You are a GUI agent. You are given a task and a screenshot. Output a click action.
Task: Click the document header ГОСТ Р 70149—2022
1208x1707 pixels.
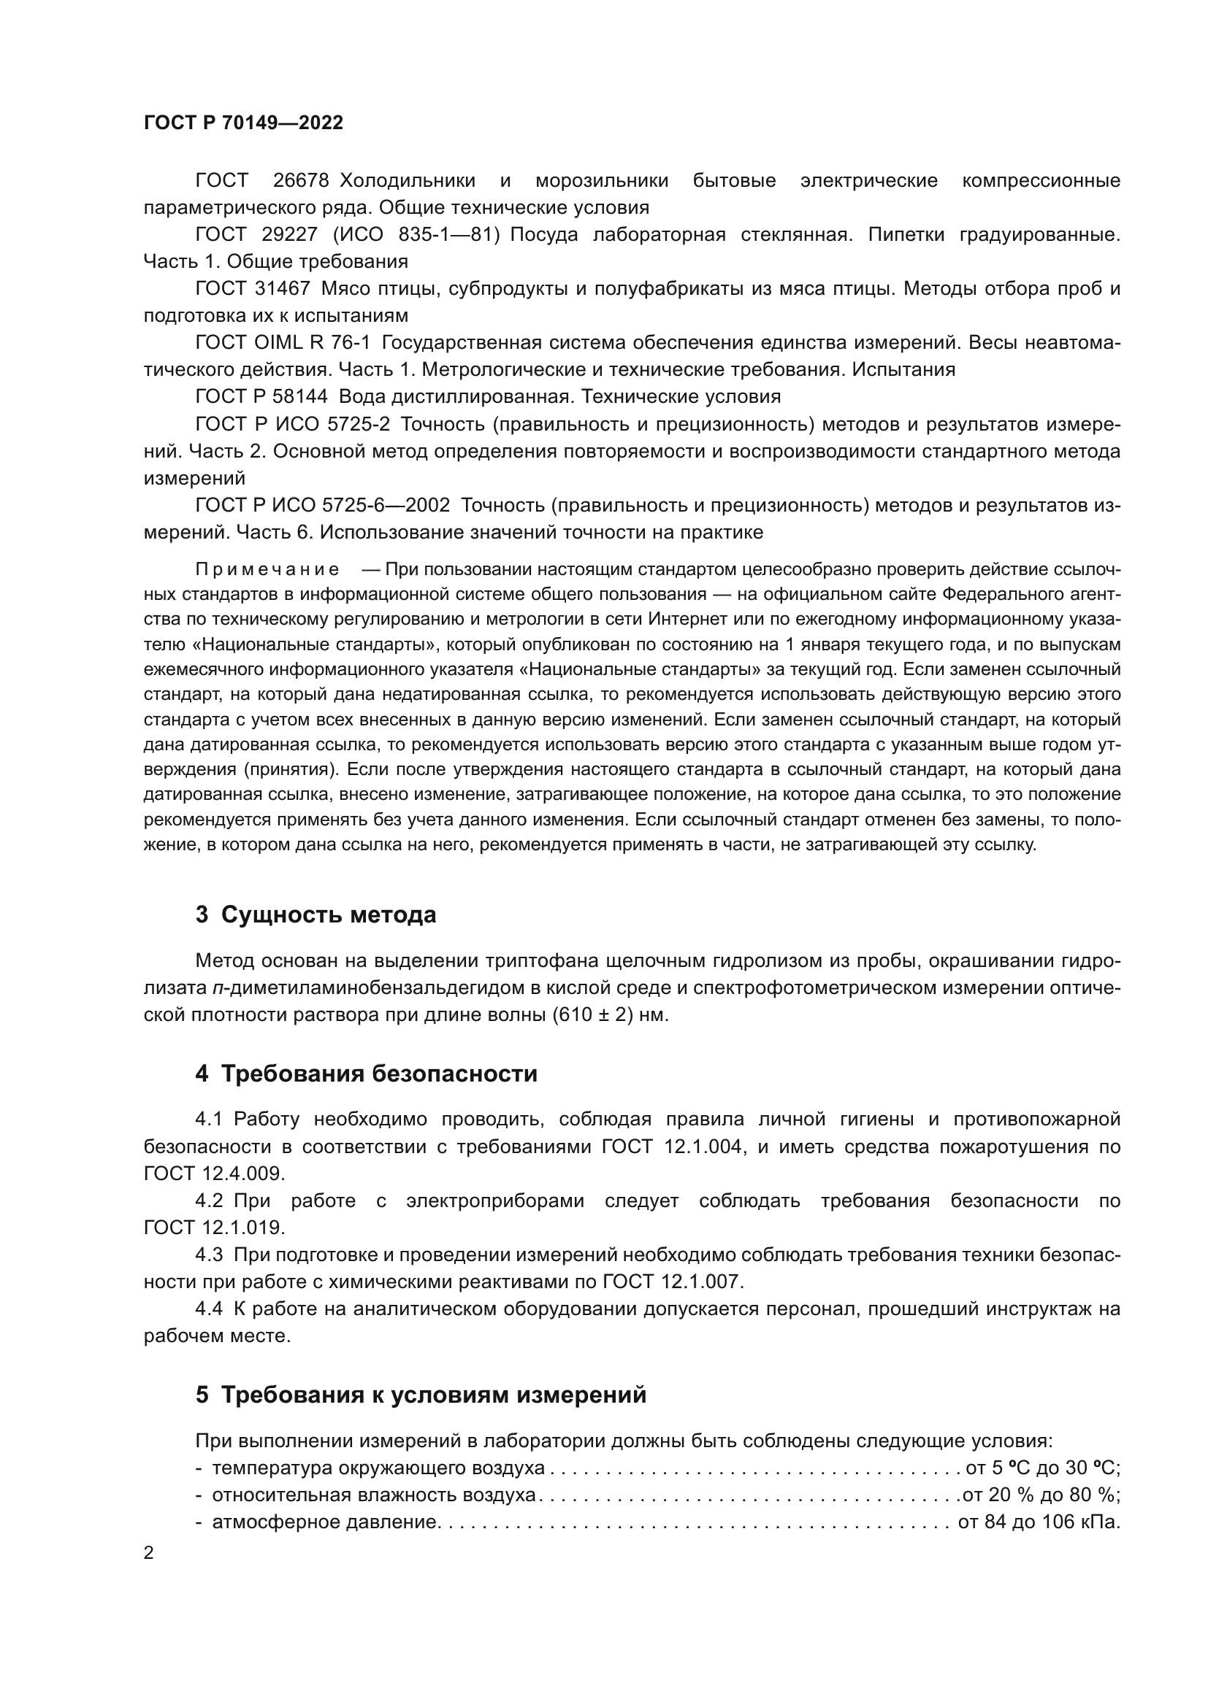pyautogui.click(x=243, y=123)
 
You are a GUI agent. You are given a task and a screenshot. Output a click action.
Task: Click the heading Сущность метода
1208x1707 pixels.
pyautogui.click(x=328, y=915)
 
